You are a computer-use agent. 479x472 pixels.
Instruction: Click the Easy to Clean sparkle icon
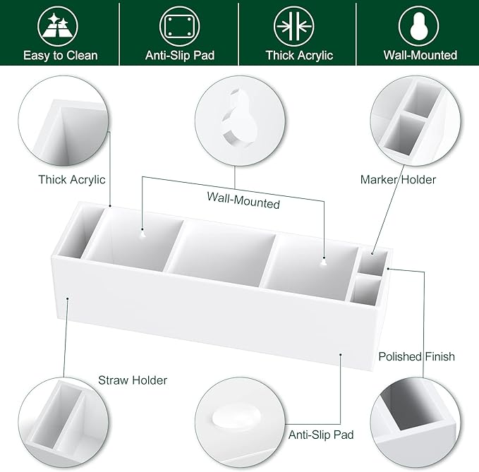click(58, 26)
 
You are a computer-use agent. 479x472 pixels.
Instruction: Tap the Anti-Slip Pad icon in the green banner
click(180, 26)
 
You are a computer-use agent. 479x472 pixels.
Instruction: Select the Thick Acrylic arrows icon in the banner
click(294, 26)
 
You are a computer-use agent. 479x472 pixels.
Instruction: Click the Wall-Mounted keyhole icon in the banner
click(418, 26)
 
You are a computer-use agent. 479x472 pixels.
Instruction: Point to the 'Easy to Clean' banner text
click(61, 56)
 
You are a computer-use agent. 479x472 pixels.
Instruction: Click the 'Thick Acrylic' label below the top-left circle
click(72, 180)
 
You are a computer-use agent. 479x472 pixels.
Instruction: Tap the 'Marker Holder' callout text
click(398, 180)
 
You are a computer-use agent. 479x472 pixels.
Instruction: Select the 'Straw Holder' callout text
click(133, 380)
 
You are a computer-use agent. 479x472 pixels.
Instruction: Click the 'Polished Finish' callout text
click(417, 356)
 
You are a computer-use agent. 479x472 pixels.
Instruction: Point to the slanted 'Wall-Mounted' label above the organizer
click(243, 200)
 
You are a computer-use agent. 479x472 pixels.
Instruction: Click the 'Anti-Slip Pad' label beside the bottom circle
click(321, 435)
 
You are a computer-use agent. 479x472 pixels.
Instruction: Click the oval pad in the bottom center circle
click(236, 417)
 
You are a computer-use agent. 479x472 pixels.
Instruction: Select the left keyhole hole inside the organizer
click(143, 234)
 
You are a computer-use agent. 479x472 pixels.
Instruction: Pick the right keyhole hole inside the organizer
click(324, 262)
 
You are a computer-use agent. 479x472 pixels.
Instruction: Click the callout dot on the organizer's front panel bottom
click(341, 355)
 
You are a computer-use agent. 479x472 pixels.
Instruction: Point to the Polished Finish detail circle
click(416, 423)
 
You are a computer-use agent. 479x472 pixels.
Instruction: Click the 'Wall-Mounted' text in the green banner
click(420, 55)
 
